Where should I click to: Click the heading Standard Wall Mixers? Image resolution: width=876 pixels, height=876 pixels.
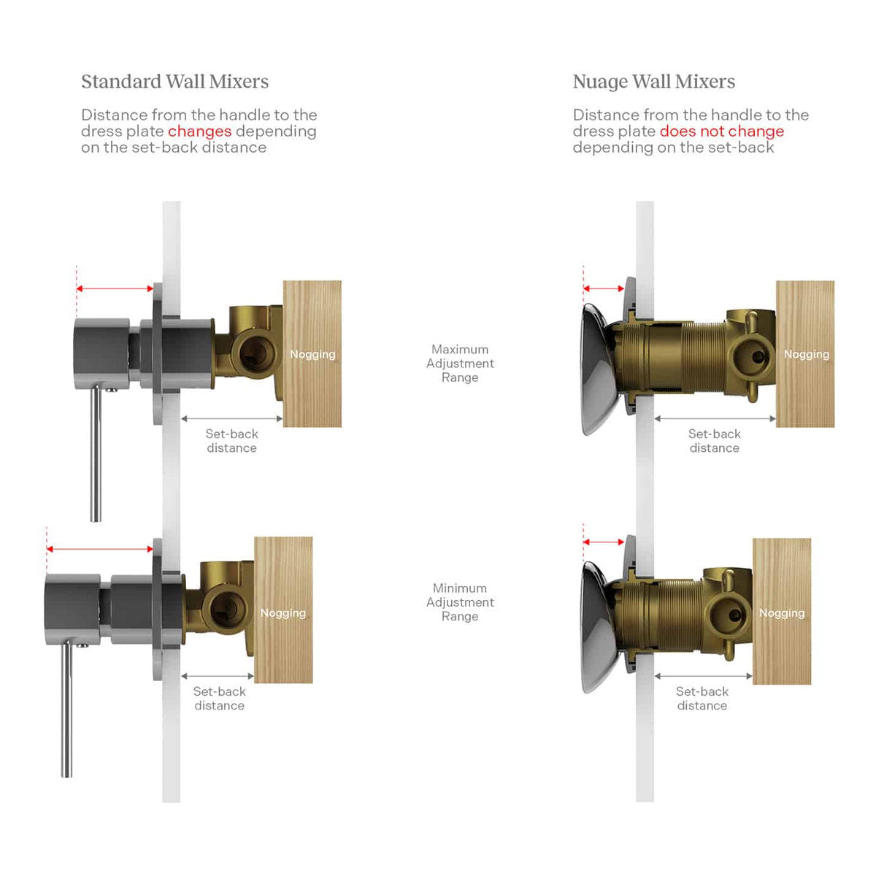[174, 82]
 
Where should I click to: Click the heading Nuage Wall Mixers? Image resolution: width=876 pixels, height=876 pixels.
[653, 82]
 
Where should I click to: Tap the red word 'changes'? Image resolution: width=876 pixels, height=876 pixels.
[199, 131]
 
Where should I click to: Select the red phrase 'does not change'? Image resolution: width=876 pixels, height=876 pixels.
[721, 131]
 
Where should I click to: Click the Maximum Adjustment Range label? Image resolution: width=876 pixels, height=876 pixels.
[460, 364]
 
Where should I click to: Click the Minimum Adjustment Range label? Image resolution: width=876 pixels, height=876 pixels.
[460, 602]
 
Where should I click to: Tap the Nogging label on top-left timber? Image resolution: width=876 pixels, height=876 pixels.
[312, 355]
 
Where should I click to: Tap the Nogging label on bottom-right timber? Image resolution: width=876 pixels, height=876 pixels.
[781, 613]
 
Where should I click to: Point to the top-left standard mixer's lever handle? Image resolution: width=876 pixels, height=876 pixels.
[96, 453]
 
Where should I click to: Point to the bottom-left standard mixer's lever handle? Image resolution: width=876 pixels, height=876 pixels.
[67, 709]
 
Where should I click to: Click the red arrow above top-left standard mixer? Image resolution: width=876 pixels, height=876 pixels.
[115, 288]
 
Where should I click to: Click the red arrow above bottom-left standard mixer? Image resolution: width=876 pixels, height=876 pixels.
[100, 549]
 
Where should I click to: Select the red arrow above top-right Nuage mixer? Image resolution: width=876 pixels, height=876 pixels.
[604, 288]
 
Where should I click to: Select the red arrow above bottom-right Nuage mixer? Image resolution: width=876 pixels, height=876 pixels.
[604, 542]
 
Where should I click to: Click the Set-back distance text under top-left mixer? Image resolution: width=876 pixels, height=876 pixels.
[232, 440]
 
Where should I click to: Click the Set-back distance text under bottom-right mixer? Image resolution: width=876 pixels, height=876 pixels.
[702, 699]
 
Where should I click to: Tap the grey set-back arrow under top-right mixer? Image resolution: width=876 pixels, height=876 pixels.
[715, 419]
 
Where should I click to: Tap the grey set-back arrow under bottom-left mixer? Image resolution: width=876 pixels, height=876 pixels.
[218, 676]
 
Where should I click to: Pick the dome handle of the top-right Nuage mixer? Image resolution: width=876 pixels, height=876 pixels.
[599, 369]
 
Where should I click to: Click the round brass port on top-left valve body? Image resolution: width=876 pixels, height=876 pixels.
[253, 352]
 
